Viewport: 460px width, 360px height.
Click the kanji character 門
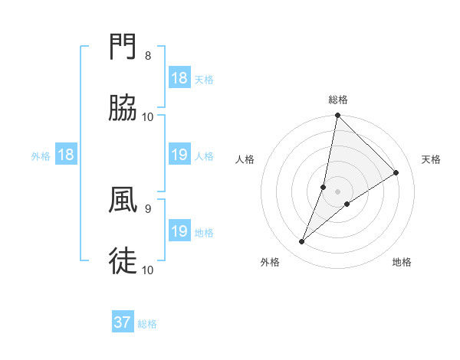(123, 47)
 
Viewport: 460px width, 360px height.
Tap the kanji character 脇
(123, 109)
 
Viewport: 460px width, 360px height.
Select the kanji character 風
(123, 201)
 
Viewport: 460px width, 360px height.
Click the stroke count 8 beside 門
(148, 56)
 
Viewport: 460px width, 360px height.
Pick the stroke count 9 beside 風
(148, 208)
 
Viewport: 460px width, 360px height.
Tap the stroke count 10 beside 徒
(148, 270)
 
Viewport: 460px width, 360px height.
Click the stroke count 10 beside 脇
(148, 116)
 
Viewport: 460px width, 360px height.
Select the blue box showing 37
(123, 323)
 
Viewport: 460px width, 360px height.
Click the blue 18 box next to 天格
(179, 78)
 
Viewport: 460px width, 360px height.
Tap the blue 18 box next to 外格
(66, 155)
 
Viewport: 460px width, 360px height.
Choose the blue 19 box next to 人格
(179, 155)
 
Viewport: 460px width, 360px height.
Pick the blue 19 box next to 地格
(179, 231)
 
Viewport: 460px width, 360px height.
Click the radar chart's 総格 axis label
(338, 100)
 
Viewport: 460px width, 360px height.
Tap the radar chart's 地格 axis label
(402, 263)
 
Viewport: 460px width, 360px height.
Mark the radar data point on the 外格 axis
(302, 242)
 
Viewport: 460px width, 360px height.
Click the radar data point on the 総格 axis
(338, 116)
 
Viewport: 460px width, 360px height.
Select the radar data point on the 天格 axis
(396, 173)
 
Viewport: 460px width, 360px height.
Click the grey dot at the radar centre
(338, 191)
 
